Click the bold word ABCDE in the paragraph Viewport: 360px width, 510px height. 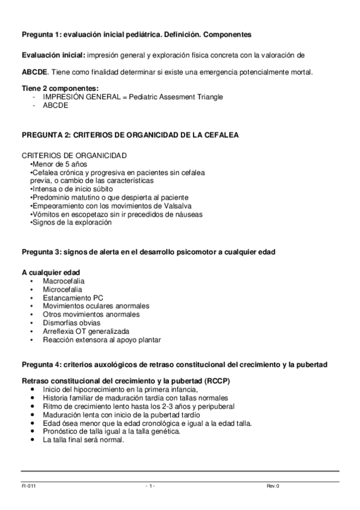tap(35, 72)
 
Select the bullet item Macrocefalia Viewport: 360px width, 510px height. tap(63, 281)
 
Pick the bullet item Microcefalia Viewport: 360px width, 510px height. tap(63, 289)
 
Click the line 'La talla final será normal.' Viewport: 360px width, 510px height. tap(83, 440)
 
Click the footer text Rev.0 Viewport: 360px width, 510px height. tap(274, 485)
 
